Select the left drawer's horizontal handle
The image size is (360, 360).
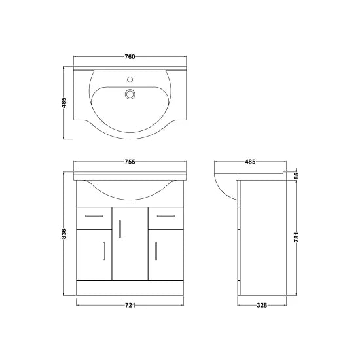click(94, 215)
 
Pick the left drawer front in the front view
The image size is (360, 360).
click(94, 216)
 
